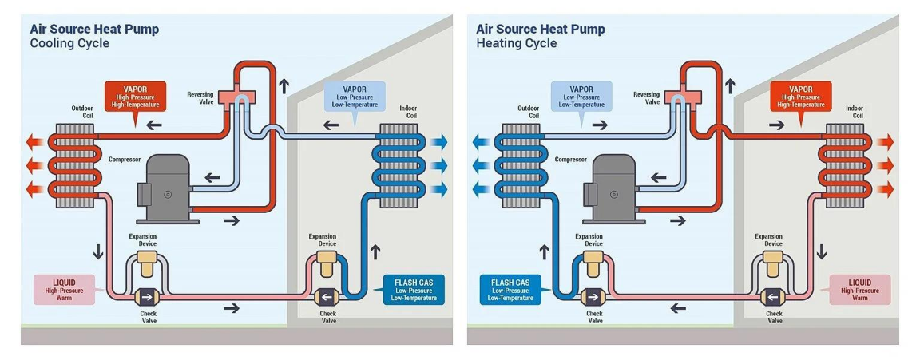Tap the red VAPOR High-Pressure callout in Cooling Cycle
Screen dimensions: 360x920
click(135, 95)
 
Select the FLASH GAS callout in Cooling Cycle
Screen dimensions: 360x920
click(413, 289)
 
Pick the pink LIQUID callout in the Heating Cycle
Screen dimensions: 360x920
click(859, 289)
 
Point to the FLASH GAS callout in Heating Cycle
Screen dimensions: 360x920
click(510, 289)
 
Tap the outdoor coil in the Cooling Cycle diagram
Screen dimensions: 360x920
click(83, 165)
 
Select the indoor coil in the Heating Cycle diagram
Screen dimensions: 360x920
click(846, 165)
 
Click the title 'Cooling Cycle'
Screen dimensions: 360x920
click(69, 44)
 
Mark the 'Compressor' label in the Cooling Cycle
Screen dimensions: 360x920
click(125, 159)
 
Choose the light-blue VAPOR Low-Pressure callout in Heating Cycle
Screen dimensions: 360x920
click(581, 95)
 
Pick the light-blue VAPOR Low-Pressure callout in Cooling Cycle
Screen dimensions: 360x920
click(355, 96)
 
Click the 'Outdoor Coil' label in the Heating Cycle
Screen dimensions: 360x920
click(528, 112)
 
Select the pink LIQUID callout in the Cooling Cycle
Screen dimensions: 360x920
click(64, 289)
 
